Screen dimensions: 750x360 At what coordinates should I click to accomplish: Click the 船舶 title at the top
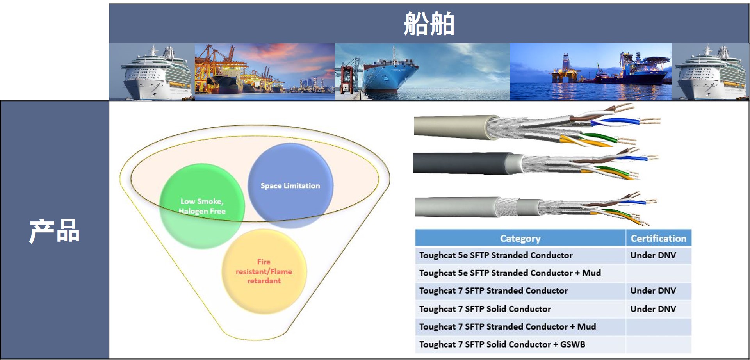click(x=429, y=23)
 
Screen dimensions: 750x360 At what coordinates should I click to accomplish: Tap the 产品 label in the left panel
click(x=54, y=231)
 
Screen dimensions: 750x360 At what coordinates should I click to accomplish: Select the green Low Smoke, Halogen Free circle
click(x=202, y=206)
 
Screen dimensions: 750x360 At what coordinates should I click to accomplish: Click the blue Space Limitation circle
click(x=290, y=186)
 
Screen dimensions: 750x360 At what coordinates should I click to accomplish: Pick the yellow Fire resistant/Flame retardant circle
click(x=264, y=271)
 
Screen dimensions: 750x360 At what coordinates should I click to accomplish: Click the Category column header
click(x=520, y=238)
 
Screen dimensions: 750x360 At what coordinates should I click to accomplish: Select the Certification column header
click(x=658, y=238)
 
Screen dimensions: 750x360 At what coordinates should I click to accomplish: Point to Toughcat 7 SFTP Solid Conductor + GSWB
click(x=502, y=344)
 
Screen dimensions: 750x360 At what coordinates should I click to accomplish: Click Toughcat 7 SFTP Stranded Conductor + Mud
click(x=508, y=326)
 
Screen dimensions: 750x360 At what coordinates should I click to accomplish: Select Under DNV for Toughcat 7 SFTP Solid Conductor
click(x=653, y=309)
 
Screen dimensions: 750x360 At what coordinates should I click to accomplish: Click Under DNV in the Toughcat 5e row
click(x=653, y=255)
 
